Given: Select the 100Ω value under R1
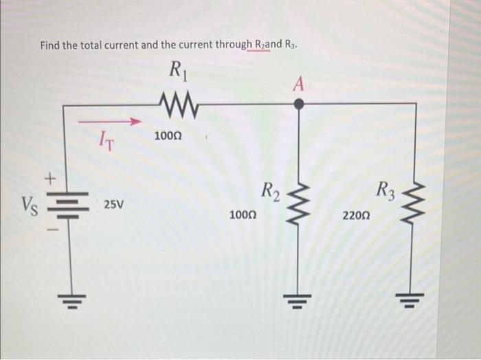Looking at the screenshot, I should (168, 137).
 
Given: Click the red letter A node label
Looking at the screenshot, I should (298, 84).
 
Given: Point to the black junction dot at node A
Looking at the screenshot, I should (298, 104).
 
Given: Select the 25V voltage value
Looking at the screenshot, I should (114, 205).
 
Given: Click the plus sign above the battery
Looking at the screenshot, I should (49, 179).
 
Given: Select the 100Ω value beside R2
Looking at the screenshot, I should (244, 216).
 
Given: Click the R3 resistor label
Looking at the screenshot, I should (385, 189).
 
